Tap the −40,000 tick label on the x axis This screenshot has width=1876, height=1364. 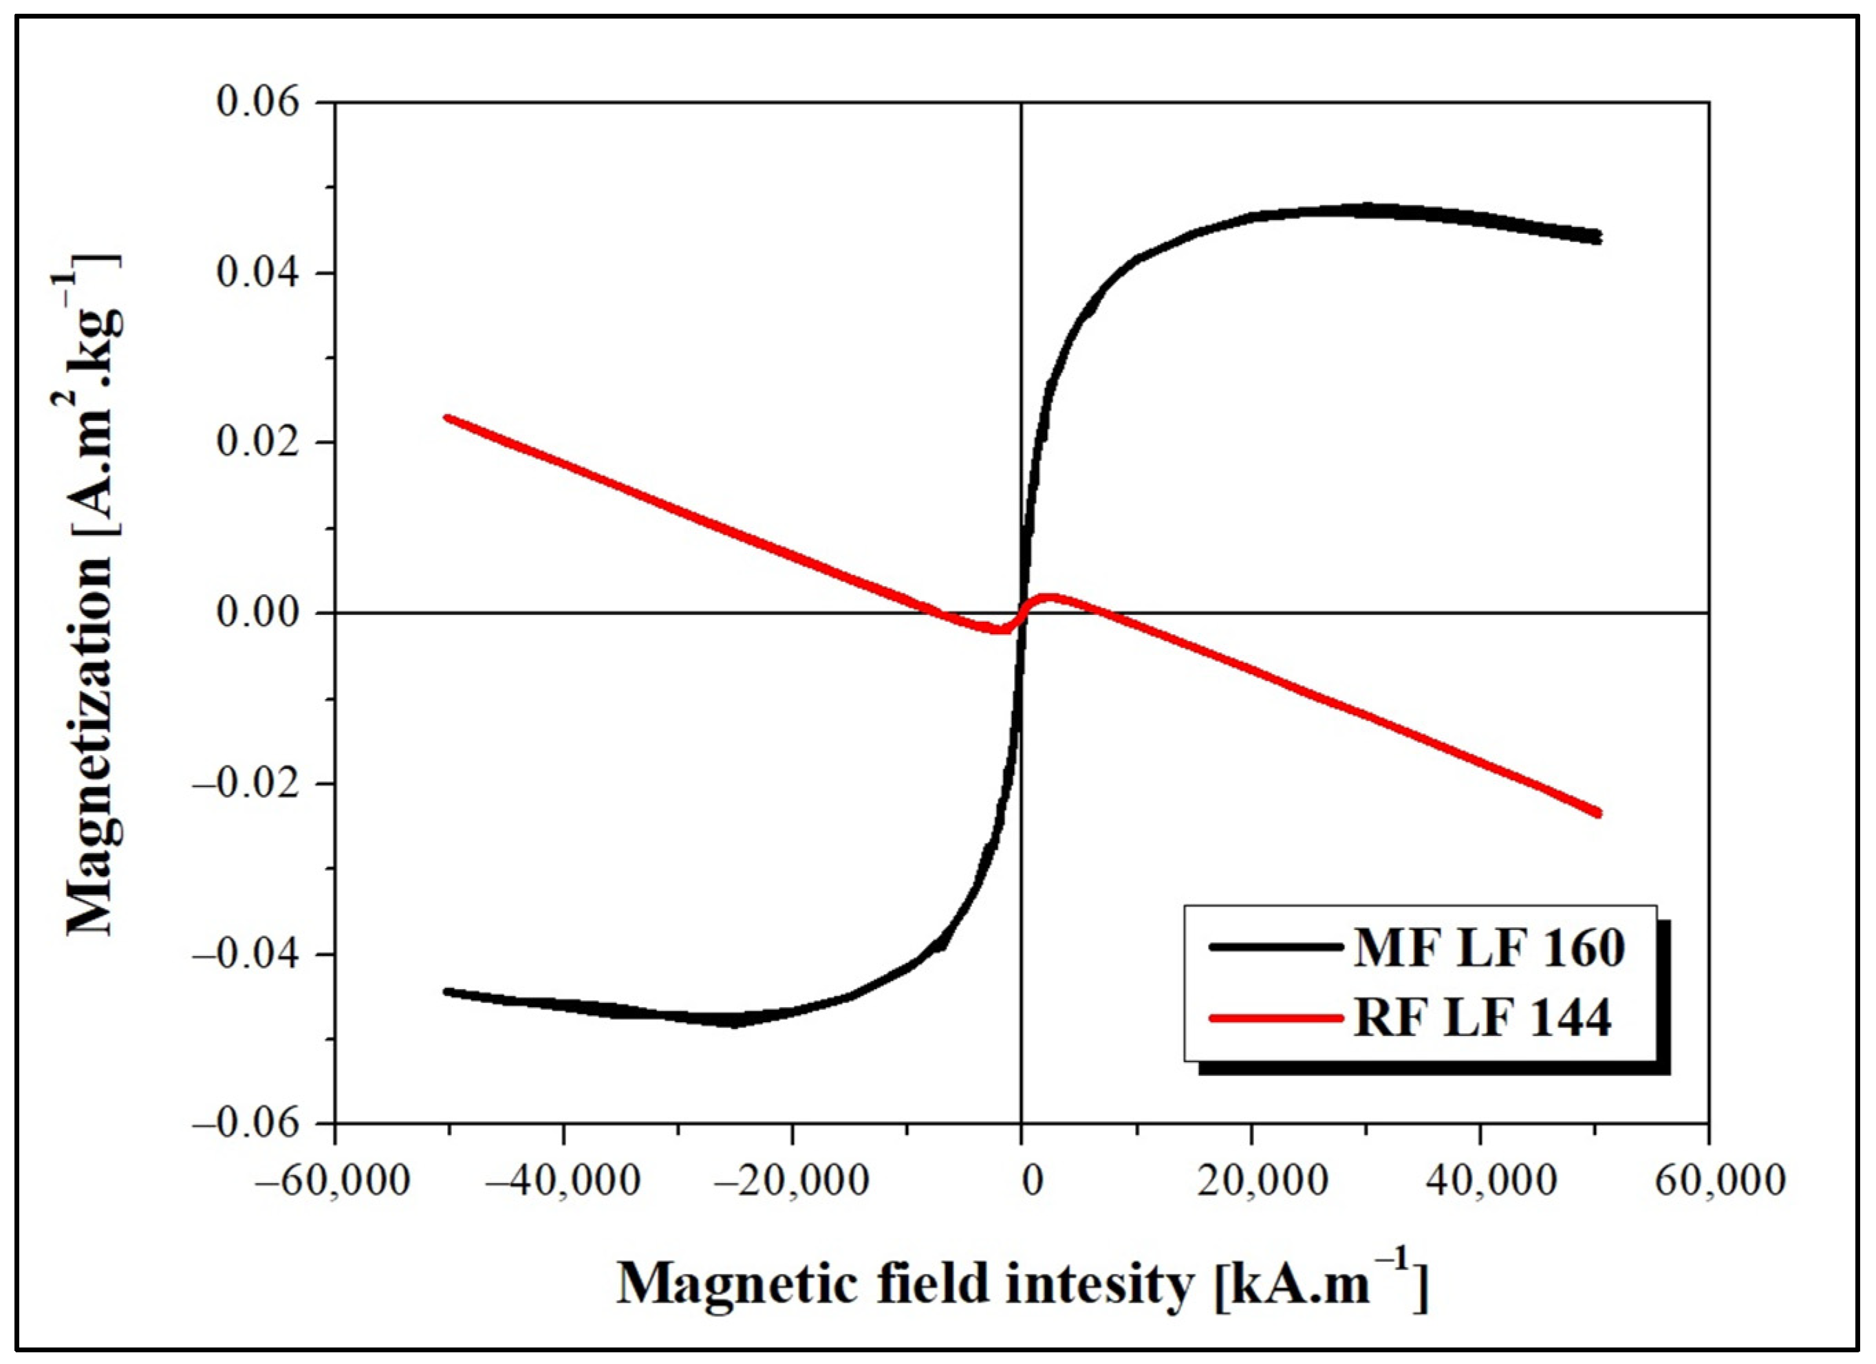point(563,1180)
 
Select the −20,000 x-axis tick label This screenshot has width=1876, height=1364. point(793,1180)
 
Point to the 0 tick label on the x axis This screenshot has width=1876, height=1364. point(1031,1180)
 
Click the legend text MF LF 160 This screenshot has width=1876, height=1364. point(1489,948)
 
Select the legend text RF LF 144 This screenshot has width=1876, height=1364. point(1483,1017)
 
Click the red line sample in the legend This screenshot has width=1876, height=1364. point(1275,1018)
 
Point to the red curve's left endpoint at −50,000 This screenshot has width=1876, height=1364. point(447,418)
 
